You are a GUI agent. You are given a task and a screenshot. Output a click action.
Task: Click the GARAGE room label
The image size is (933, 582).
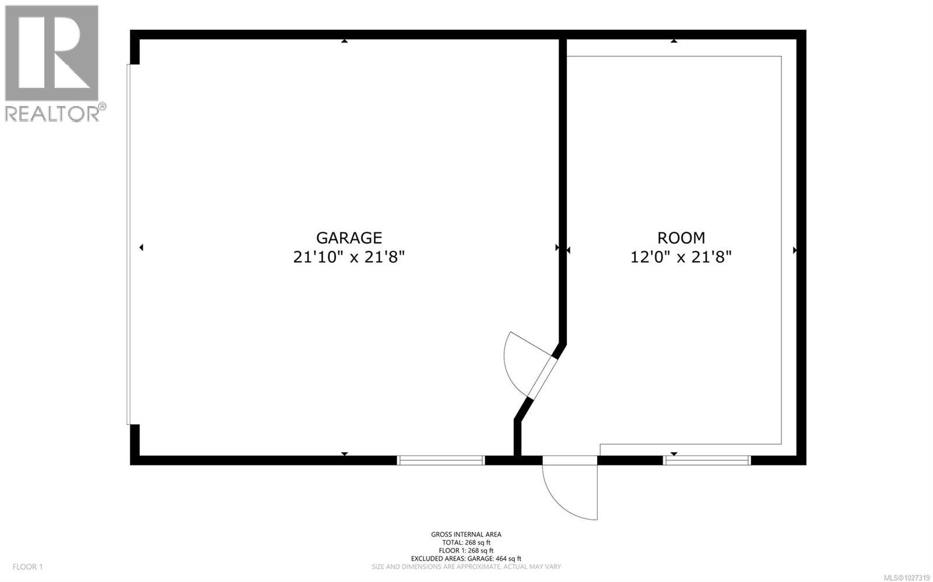tap(349, 238)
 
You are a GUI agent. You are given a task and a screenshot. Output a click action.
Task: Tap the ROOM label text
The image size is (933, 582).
tap(681, 238)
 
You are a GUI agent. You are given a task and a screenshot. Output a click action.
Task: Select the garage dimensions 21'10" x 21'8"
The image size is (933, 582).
tap(349, 257)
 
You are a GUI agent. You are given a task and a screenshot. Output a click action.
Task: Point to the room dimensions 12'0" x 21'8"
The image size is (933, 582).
tap(681, 257)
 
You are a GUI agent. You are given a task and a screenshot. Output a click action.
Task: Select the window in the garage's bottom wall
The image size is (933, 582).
tap(441, 460)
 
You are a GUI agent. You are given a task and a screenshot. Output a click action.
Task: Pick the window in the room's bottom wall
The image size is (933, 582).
tap(707, 460)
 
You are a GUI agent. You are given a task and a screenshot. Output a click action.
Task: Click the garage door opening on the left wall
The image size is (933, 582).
tap(129, 245)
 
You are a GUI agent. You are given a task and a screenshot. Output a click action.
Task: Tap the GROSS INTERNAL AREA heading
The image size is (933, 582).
tap(466, 534)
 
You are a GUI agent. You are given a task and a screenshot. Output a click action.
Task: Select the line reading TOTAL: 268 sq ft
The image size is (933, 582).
tap(466, 542)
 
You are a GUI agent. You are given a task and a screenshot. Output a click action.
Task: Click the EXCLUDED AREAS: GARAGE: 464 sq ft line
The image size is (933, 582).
tap(466, 558)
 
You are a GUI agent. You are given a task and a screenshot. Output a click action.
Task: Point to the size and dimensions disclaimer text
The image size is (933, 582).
tap(466, 566)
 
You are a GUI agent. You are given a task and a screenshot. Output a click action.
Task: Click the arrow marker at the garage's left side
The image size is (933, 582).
tap(141, 248)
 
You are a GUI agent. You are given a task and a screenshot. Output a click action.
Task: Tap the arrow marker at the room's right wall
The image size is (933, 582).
tap(794, 250)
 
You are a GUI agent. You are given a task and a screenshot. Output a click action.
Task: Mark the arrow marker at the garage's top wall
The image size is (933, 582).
tap(345, 41)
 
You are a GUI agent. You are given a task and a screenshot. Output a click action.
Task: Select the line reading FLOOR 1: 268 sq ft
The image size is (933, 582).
tap(466, 550)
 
